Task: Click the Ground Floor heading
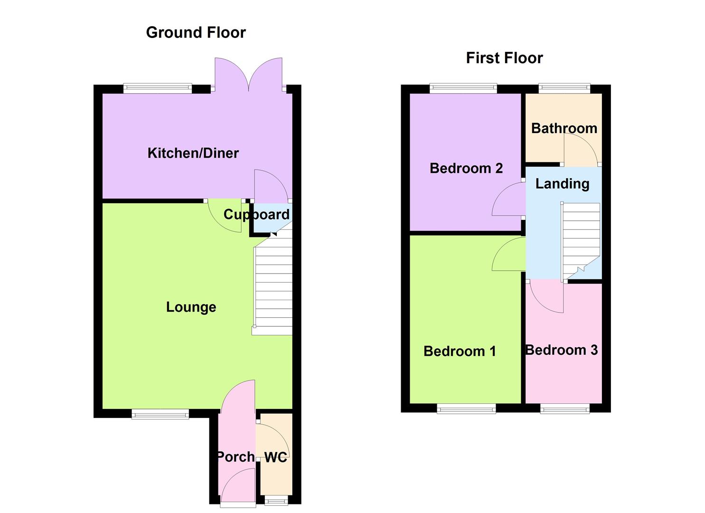(x=196, y=32)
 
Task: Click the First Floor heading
(x=504, y=58)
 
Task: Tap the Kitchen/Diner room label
(x=193, y=153)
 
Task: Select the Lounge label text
(x=191, y=307)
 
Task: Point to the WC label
(x=275, y=457)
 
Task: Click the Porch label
(x=235, y=456)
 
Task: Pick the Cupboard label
(x=256, y=215)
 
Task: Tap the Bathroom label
(x=564, y=128)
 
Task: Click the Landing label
(x=562, y=184)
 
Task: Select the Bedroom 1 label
(x=460, y=351)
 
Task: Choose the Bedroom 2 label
(x=466, y=168)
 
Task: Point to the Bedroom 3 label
(x=561, y=350)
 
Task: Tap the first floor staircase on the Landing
(x=581, y=237)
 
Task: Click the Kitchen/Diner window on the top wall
(x=158, y=88)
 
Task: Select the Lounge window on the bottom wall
(x=160, y=415)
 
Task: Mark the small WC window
(x=276, y=501)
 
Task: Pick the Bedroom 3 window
(x=564, y=409)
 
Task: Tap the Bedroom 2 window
(x=463, y=88)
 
